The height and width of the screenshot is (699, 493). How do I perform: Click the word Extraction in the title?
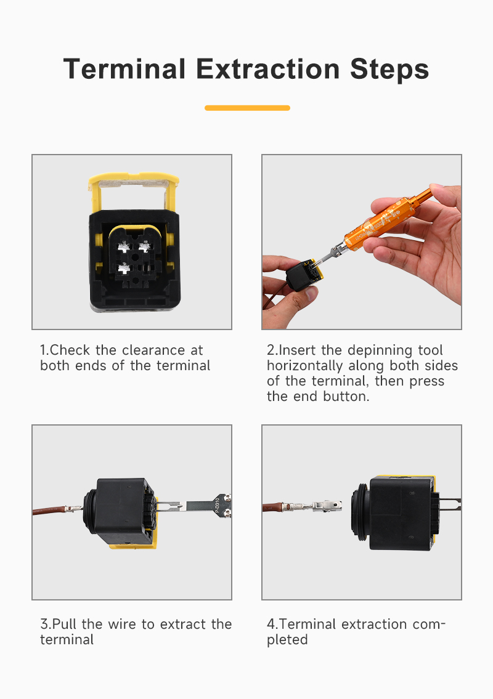pos(267,69)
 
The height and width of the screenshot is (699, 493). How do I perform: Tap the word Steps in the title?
pos(389,70)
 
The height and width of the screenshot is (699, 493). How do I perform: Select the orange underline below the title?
pos(247,108)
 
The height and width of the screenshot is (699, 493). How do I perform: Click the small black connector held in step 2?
pos(303,273)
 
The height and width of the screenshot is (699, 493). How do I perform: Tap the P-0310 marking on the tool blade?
pos(218,506)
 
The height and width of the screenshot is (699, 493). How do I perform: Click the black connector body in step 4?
pos(397,512)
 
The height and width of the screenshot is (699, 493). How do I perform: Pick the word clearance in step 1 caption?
pos(153,350)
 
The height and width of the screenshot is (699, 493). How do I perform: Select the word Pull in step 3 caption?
pos(64,624)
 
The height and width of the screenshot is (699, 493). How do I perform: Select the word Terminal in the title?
pos(124,69)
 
